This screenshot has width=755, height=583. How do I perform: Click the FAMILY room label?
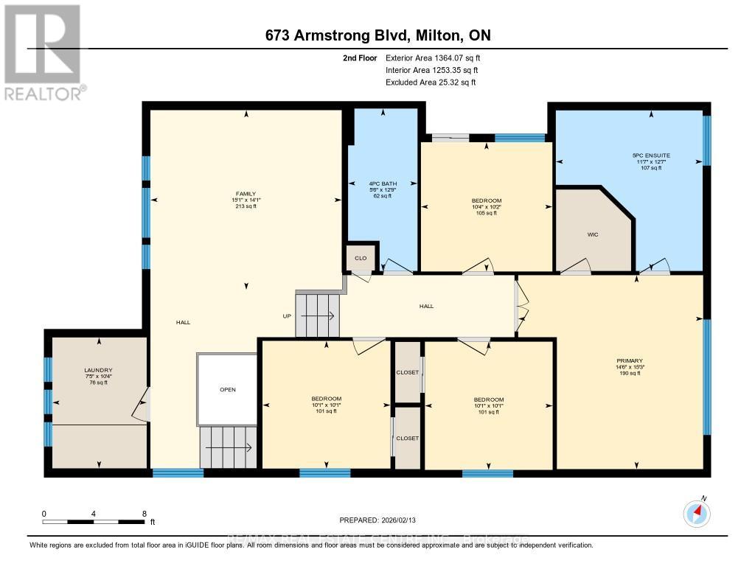[246, 194]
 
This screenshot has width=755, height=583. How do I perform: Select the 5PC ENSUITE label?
[651, 156]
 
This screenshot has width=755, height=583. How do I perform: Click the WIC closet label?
[592, 236]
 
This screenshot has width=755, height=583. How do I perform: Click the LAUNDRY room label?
[98, 370]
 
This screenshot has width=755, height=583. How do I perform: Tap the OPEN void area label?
[227, 389]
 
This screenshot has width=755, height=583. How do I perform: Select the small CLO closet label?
[361, 258]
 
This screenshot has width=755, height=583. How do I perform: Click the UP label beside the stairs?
[286, 316]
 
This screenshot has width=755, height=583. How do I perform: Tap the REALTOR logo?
[43, 52]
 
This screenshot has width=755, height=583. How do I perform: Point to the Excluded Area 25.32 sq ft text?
[431, 83]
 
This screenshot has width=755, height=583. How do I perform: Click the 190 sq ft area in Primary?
[629, 374]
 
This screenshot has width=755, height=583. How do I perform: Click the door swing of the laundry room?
[143, 404]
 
